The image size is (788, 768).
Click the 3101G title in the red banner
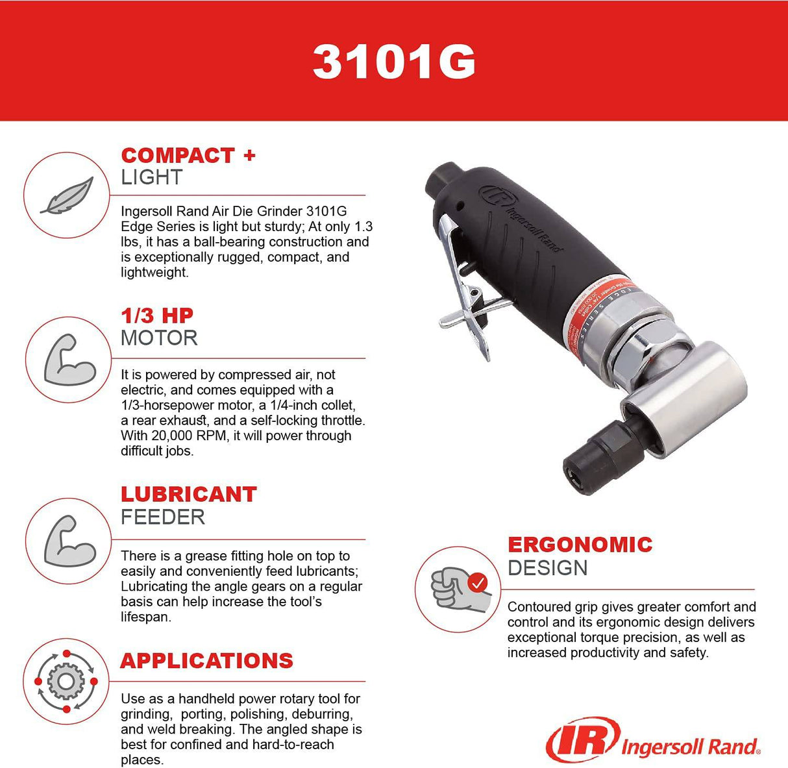[394, 62]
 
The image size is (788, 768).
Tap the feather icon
[67, 195]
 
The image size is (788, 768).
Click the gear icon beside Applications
[64, 682]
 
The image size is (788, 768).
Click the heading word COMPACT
[178, 156]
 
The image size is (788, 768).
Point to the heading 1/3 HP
[157, 316]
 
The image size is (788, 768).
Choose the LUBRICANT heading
[189, 494]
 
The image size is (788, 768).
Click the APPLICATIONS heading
[207, 661]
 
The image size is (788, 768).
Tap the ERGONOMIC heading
[580, 544]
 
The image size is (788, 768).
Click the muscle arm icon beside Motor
[68, 360]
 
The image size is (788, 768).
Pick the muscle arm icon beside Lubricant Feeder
[68, 540]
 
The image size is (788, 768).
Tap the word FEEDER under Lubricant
[163, 517]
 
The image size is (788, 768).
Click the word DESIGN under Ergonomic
[547, 568]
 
